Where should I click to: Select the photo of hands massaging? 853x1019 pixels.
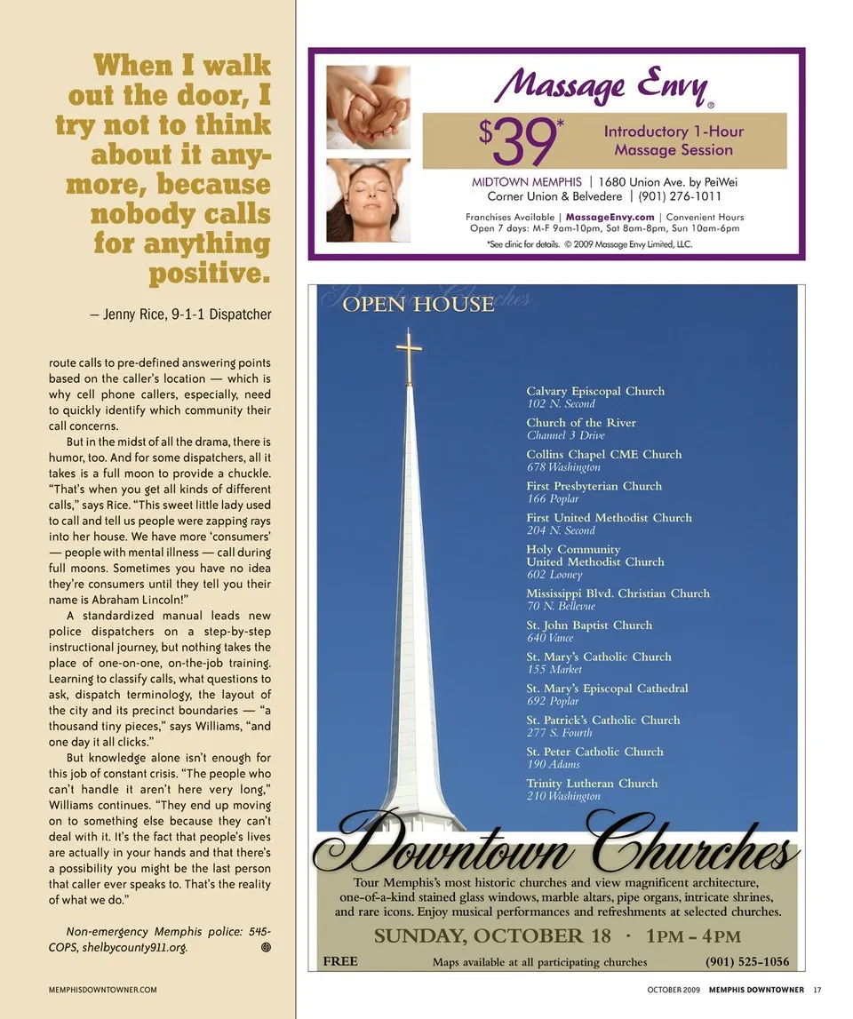(368, 107)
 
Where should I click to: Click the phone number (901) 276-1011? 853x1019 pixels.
(680, 196)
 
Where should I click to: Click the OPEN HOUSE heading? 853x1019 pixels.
(418, 305)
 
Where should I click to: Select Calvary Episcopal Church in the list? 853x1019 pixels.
(594, 391)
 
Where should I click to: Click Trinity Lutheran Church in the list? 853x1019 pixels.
(592, 783)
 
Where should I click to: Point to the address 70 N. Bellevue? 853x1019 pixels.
(561, 606)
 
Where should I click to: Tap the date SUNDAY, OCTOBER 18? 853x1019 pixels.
(492, 936)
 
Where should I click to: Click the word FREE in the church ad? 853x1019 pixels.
(340, 961)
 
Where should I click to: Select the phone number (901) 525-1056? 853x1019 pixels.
(746, 961)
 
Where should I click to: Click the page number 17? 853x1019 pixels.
(817, 990)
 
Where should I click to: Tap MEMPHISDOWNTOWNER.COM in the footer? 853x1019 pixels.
(103, 990)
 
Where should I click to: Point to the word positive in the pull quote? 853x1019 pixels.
(207, 273)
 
